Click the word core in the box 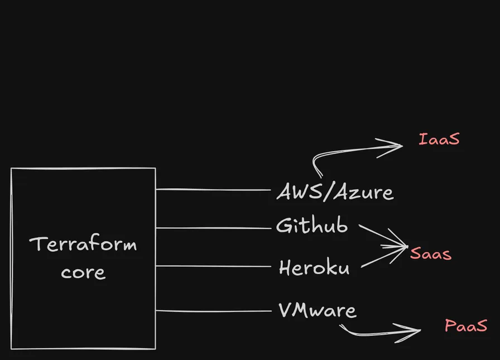[83, 272]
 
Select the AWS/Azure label [335, 191]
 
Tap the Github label [312, 225]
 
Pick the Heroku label [314, 267]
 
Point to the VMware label [318, 310]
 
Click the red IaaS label [439, 140]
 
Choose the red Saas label [431, 253]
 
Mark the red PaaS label [466, 325]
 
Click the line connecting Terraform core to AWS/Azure [213, 190]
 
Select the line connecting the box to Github [213, 228]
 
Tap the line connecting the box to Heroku [213, 266]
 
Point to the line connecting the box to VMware [213, 311]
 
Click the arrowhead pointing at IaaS [391, 147]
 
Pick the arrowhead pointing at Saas [397, 246]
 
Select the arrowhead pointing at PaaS [408, 332]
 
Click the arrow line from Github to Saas [383, 236]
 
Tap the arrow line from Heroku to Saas [384, 257]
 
